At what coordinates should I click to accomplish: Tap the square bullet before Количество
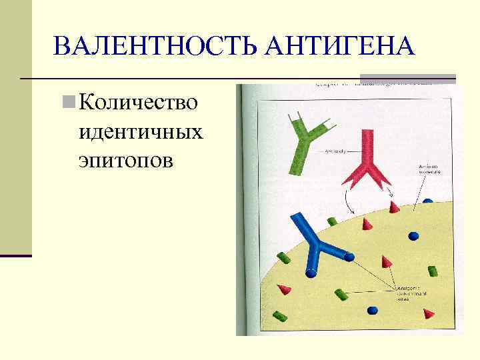(68, 102)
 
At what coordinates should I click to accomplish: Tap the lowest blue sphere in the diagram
(373, 310)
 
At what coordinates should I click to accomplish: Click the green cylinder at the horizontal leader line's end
(341, 294)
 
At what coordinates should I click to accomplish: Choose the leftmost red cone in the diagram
(285, 289)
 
